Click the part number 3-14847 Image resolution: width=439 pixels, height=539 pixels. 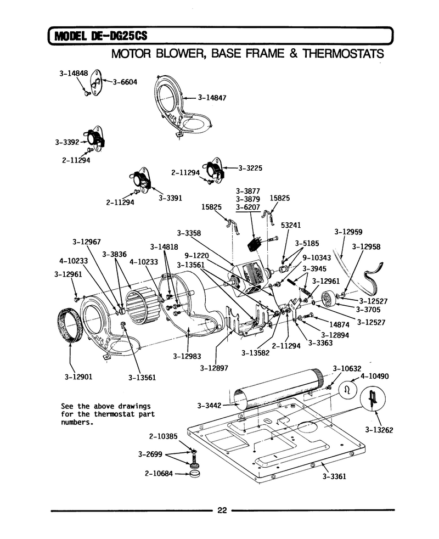pyautogui.click(x=212, y=98)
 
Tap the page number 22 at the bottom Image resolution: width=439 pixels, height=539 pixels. pyautogui.click(x=222, y=510)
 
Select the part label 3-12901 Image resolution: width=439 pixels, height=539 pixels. pyautogui.click(x=78, y=377)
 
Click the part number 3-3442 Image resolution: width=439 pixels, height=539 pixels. pyautogui.click(x=209, y=406)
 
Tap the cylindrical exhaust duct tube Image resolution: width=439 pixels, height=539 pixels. pyautogui.click(x=278, y=388)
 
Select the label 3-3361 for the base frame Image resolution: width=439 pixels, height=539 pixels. pyautogui.click(x=334, y=476)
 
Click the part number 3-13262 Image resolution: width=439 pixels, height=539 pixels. pyautogui.click(x=379, y=430)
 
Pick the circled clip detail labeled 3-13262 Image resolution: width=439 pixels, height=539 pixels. pyautogui.click(x=372, y=399)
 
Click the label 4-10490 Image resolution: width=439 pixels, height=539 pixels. pyautogui.click(x=374, y=376)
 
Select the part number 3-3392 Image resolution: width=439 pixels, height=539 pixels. pyautogui.click(x=67, y=142)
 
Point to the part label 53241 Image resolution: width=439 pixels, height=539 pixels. pyautogui.click(x=291, y=225)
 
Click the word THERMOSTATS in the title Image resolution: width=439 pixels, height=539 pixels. pyautogui.click(x=343, y=54)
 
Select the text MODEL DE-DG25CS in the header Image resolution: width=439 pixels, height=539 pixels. pyautogui.click(x=101, y=36)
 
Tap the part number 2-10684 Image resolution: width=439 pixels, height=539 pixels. pyautogui.click(x=159, y=474)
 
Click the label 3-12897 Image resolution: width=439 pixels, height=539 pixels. pyautogui.click(x=214, y=368)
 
